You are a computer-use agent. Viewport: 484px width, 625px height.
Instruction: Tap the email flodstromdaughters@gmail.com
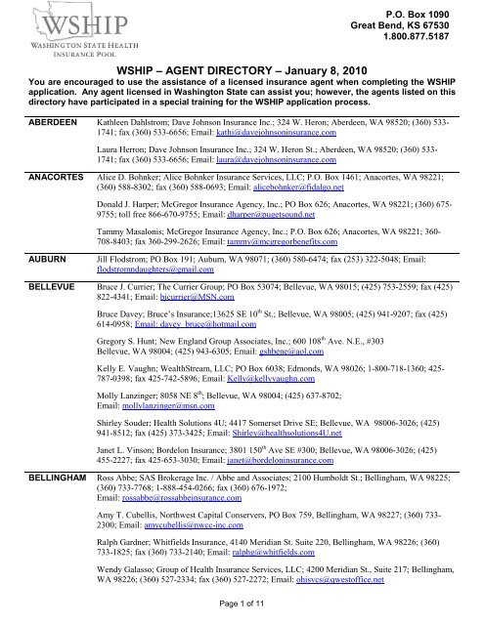[152, 298]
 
